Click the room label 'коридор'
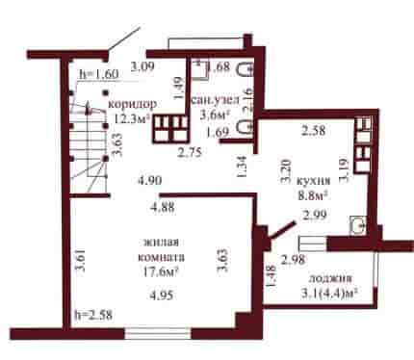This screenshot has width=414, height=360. [133, 104]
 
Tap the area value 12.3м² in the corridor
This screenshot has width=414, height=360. [133, 118]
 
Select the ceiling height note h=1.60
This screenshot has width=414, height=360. [99, 74]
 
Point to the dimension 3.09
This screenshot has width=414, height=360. [142, 66]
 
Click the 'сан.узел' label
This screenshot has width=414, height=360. [216, 100]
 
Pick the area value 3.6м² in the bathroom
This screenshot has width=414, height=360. [216, 115]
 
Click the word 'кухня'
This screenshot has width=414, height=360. [313, 181]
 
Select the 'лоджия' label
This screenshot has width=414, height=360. [330, 278]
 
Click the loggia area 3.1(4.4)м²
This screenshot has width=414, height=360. [329, 293]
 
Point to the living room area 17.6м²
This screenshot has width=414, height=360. [161, 272]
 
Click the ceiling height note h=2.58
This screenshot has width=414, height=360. [93, 315]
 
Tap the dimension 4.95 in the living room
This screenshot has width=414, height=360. [162, 295]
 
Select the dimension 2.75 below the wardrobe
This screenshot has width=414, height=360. [191, 152]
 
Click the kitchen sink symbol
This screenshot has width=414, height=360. [358, 226]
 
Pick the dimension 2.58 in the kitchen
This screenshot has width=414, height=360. [314, 131]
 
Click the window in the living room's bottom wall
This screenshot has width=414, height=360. [158, 334]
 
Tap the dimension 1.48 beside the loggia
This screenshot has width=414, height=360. [271, 276]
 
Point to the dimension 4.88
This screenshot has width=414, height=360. [163, 207]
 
